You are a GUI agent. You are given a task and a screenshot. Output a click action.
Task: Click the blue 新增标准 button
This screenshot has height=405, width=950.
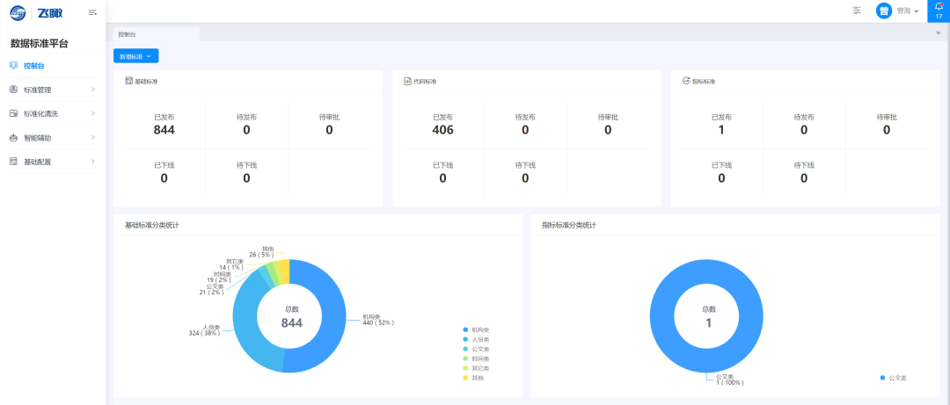[x=135, y=56]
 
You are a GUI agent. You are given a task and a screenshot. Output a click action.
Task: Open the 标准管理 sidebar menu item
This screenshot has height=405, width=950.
[x=38, y=90]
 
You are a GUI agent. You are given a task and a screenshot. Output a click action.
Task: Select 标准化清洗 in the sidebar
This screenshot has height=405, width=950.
[x=40, y=113]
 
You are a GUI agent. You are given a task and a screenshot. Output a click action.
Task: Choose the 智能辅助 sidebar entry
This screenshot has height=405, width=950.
[x=38, y=138]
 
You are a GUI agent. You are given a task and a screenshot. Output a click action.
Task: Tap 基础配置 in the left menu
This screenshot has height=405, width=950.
[x=38, y=162]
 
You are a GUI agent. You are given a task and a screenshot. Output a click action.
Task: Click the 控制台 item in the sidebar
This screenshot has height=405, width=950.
[x=34, y=66]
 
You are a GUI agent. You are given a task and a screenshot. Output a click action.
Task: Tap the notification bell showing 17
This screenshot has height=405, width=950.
[x=939, y=10]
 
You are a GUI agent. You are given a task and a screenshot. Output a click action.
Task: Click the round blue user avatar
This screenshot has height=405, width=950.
[x=883, y=11]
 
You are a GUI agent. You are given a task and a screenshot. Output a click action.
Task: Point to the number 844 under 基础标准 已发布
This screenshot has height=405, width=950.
[x=164, y=130]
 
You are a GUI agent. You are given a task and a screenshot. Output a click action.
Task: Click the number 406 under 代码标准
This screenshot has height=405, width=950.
[x=442, y=130]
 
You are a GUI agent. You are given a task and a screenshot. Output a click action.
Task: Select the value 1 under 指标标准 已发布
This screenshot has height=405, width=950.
[x=721, y=130]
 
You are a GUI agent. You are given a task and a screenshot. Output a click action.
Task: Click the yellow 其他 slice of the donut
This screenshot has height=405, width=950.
[x=281, y=270]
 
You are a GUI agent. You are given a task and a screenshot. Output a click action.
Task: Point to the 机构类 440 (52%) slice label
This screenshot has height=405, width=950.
[x=378, y=320]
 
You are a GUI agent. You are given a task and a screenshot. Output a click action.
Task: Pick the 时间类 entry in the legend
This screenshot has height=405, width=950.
[x=479, y=358]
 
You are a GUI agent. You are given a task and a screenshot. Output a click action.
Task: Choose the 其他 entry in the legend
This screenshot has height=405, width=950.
[x=476, y=378]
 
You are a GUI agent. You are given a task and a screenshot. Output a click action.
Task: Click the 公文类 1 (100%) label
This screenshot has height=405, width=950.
[x=729, y=380]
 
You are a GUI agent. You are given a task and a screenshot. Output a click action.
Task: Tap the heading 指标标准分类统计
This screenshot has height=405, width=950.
[x=569, y=225]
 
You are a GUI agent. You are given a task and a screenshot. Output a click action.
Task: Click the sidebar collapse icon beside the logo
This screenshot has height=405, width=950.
[x=92, y=11]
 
